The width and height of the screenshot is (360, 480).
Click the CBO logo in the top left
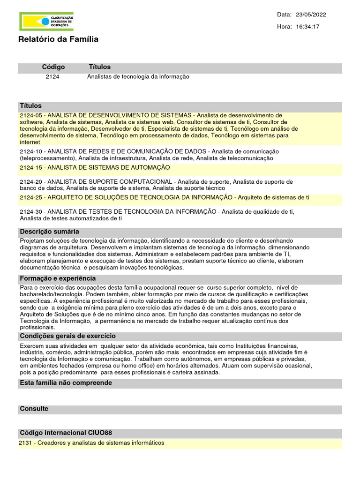point(46,22)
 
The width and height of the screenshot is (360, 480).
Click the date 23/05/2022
point(311,15)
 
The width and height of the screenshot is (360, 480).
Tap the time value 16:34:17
point(308,27)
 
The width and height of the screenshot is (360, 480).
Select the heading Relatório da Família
point(58,40)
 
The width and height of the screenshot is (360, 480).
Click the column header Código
point(53,67)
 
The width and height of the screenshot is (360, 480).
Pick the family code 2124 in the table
point(52,76)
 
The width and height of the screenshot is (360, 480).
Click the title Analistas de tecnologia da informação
point(138,76)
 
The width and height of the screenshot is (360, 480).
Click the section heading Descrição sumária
point(49,232)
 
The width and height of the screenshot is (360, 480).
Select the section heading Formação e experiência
point(58,278)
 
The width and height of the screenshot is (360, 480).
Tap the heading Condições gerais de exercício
point(67,336)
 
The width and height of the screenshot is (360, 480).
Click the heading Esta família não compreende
point(66,383)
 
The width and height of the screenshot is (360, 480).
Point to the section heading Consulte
point(34,409)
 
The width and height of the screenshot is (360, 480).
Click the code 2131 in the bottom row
point(26,443)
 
